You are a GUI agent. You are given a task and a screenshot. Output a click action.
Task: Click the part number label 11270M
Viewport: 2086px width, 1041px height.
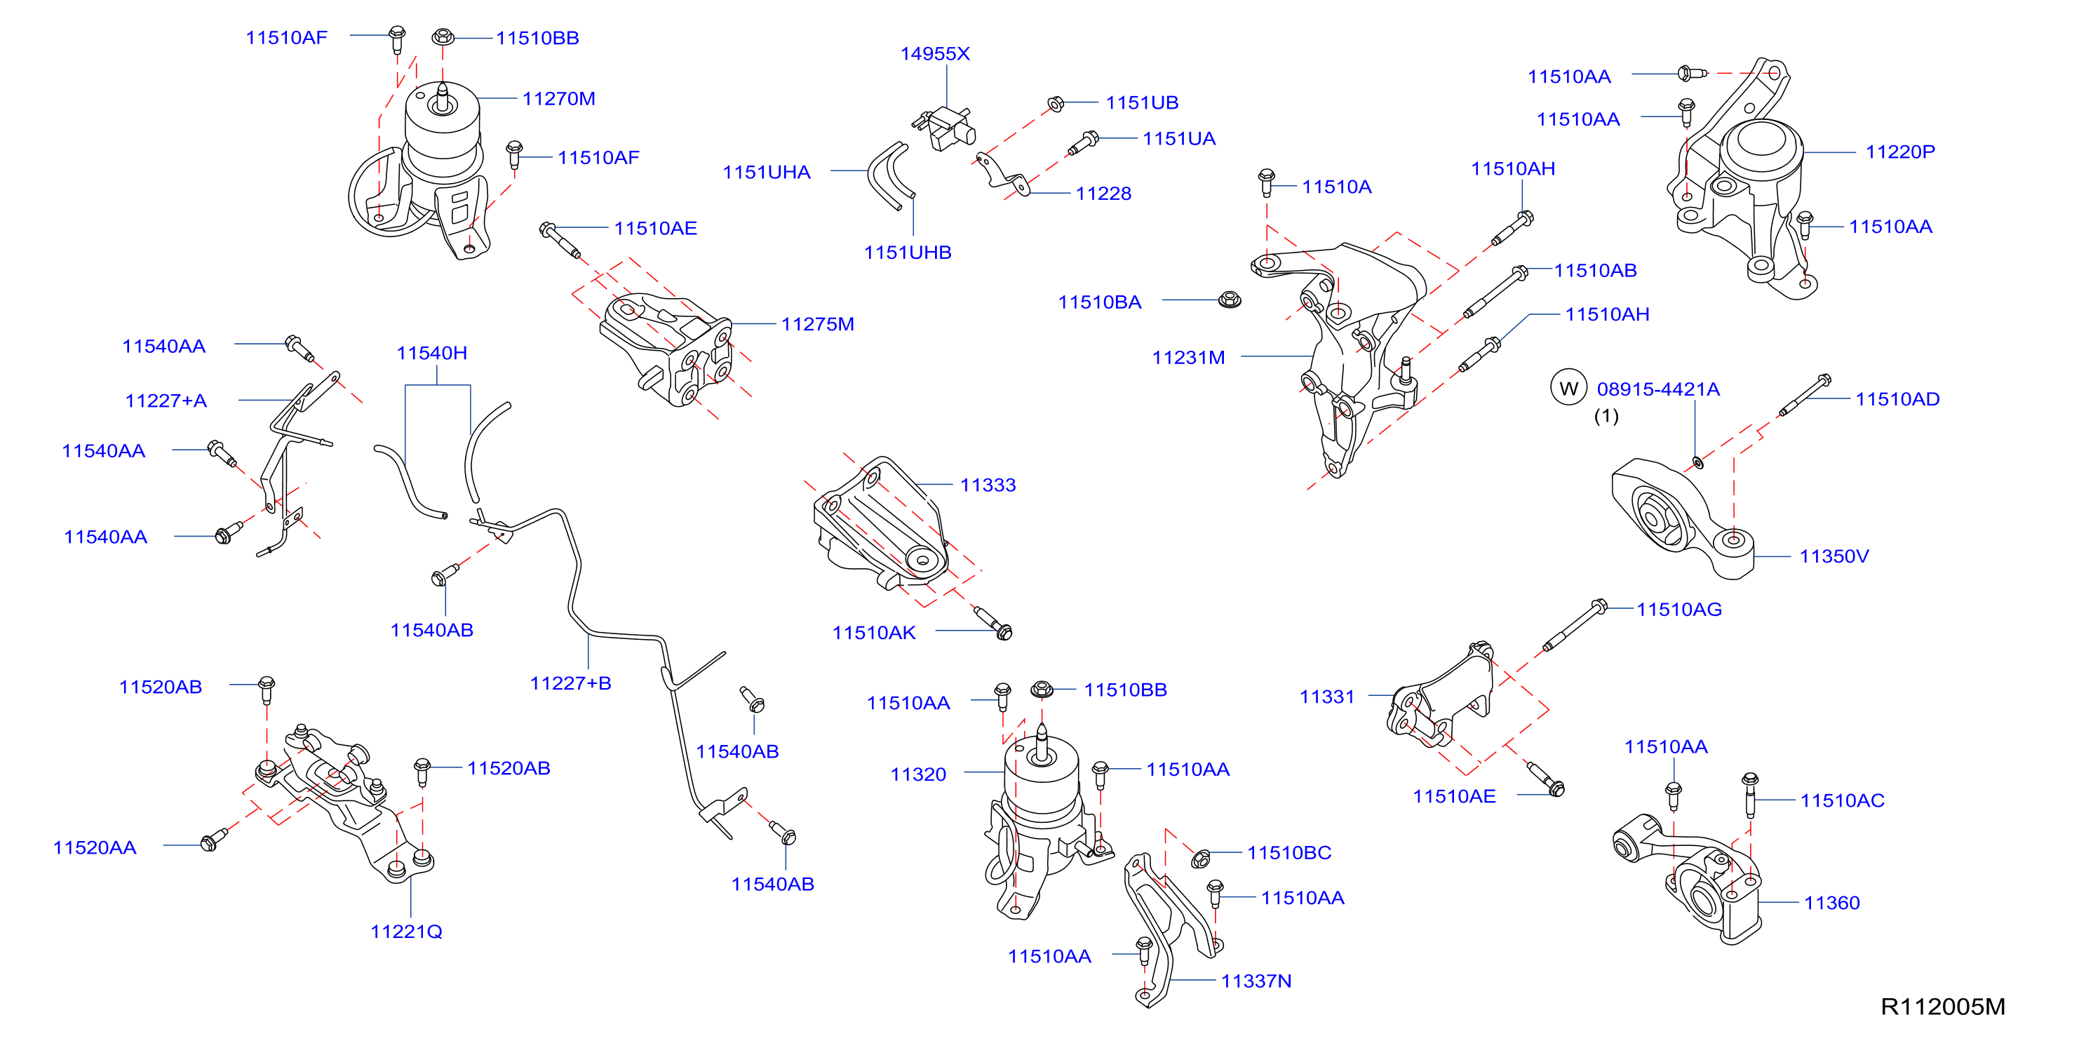coord(559,99)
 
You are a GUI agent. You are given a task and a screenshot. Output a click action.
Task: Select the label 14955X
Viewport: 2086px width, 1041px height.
coord(934,53)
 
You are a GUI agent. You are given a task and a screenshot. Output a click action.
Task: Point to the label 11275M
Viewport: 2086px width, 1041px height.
coord(817,324)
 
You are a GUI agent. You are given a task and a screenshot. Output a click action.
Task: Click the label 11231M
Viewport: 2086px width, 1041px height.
coord(1188,357)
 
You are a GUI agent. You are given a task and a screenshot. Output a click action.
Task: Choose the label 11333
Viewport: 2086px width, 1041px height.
coord(987,485)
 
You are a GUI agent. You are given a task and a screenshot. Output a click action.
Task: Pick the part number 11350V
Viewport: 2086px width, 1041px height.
coord(1833,556)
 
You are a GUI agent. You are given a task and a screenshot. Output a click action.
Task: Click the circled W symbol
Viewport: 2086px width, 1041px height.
coord(1568,388)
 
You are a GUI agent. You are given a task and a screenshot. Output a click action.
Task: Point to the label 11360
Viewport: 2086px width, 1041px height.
coord(1831,903)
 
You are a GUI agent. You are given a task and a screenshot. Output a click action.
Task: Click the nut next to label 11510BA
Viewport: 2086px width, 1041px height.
coord(1230,300)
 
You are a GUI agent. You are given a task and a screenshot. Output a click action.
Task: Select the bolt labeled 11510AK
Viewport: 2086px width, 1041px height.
coord(992,622)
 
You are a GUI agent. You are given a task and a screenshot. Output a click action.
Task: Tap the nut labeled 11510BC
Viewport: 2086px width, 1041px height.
coord(1201,858)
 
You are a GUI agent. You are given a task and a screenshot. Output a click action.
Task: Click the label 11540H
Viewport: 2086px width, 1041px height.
coord(431,354)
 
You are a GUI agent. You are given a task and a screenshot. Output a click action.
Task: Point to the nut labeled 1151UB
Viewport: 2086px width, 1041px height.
coord(1055,104)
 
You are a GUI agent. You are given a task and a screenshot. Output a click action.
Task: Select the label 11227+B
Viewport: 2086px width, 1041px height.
coord(570,683)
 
